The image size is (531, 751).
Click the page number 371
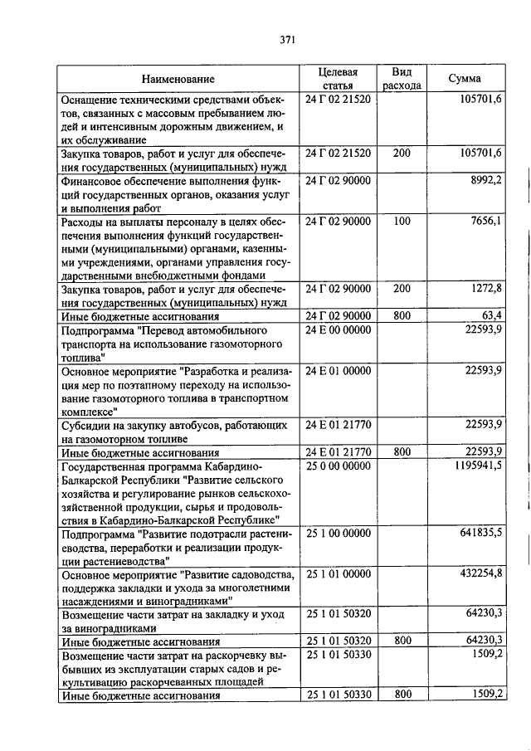click(x=288, y=39)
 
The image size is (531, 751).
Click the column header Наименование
click(x=178, y=79)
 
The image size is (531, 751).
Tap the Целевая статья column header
click(x=337, y=79)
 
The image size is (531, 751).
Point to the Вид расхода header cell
click(x=402, y=79)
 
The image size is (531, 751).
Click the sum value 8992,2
click(x=482, y=180)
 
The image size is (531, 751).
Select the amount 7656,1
click(x=482, y=221)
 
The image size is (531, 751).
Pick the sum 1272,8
click(x=482, y=288)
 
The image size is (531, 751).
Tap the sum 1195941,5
click(x=475, y=466)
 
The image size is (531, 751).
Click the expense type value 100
click(x=402, y=221)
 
